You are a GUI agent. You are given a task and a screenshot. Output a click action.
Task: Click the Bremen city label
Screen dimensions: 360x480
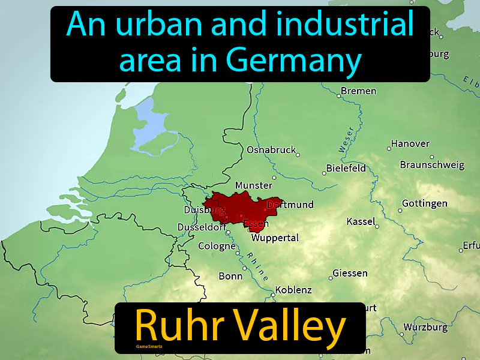point(358,91)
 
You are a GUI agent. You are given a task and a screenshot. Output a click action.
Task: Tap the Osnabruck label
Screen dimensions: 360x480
point(271,150)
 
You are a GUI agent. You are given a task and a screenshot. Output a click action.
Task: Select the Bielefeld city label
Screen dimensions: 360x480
point(346,168)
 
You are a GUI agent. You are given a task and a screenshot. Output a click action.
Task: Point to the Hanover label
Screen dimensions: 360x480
point(410,144)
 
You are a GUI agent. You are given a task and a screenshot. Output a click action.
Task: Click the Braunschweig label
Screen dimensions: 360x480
point(432,164)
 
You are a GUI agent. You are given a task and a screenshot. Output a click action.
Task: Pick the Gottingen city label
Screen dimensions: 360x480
point(424,203)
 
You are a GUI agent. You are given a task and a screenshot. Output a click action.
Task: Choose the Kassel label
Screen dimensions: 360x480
point(360,222)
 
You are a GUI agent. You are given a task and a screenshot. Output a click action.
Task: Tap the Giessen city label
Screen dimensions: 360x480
point(350,273)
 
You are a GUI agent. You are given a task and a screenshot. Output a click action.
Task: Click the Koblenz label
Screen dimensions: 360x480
point(293,290)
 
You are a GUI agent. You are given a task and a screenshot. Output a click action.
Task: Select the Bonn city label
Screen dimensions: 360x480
point(230,276)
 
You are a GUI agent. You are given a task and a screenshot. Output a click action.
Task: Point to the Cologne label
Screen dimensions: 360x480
point(217,246)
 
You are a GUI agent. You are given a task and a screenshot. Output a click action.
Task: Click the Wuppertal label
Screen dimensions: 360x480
point(275,238)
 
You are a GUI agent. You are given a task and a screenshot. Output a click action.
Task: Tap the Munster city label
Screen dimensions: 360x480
point(253,185)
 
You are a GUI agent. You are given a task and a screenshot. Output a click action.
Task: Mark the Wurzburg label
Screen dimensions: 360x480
point(425,328)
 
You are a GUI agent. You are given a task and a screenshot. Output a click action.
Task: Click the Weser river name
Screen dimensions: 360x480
point(346,139)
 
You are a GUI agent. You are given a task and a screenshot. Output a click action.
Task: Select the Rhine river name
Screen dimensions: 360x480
point(256,263)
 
